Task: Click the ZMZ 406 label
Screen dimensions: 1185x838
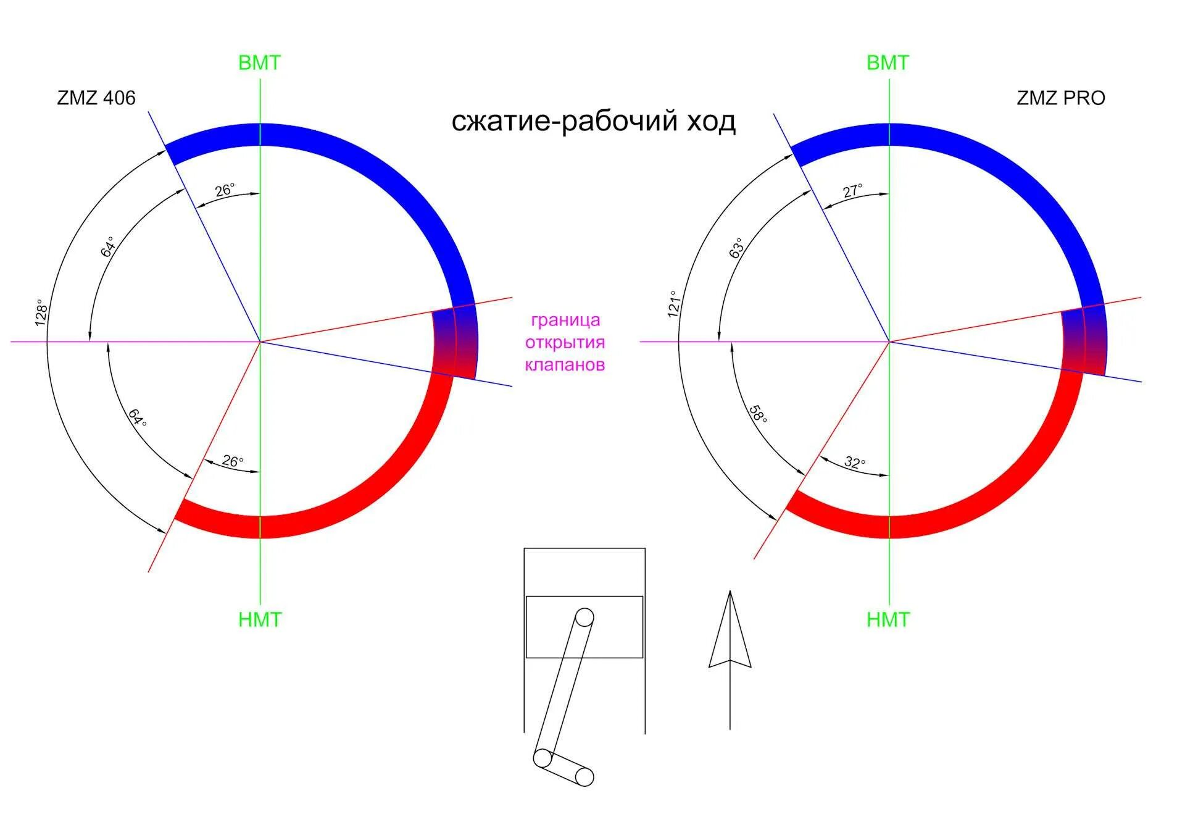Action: tap(96, 98)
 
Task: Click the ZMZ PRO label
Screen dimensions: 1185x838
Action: tap(1060, 98)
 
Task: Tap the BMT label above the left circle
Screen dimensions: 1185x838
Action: tap(259, 63)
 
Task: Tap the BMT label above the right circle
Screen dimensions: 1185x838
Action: tap(888, 63)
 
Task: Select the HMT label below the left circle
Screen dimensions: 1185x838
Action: tap(260, 619)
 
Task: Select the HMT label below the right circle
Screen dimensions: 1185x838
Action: tap(888, 619)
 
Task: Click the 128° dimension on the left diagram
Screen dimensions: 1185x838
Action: tap(41, 312)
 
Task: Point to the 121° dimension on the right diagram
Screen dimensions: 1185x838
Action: tap(673, 304)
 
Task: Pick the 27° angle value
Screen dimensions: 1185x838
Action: tap(853, 191)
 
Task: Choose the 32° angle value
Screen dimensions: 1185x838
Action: tap(855, 463)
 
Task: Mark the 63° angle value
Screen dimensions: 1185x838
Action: tap(736, 248)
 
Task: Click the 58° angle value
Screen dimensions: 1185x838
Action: tap(758, 414)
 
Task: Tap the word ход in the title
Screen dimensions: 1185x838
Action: tap(712, 121)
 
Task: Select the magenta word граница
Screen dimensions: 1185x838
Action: tap(565, 320)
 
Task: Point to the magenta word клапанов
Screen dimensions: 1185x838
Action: tap(565, 365)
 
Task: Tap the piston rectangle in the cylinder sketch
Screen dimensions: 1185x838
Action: tap(584, 627)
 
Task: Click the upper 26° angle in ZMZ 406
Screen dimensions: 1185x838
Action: tap(225, 190)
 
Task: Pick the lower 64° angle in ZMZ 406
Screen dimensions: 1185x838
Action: tap(138, 417)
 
